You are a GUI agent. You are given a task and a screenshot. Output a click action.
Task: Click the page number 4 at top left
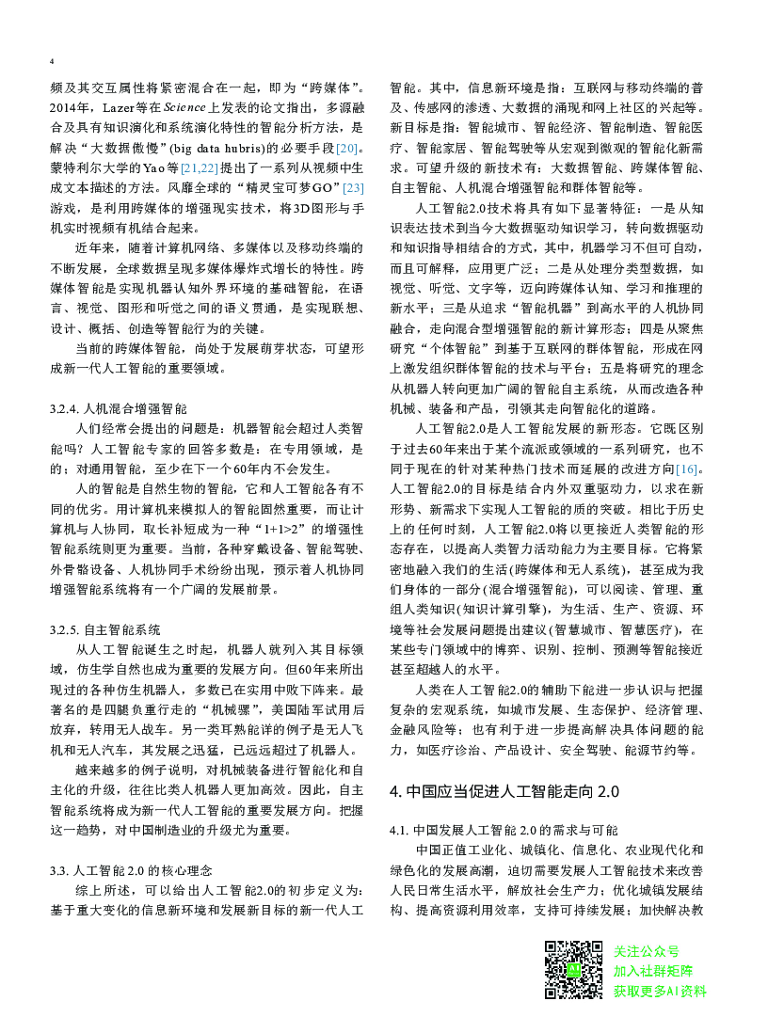(52, 61)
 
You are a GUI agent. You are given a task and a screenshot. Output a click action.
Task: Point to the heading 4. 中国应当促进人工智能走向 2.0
(504, 791)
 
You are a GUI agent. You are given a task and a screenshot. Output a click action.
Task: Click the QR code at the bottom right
(575, 969)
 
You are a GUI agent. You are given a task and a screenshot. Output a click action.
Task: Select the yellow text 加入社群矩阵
(652, 971)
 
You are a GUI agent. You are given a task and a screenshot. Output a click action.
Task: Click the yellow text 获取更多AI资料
(659, 991)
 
